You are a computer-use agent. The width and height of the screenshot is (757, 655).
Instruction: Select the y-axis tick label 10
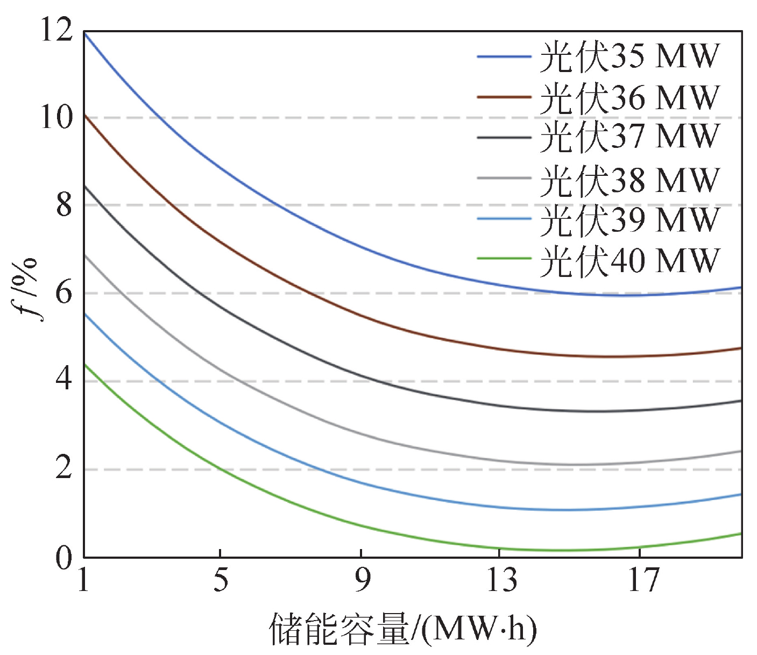click(x=56, y=117)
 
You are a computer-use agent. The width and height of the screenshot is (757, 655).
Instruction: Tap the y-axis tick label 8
click(x=64, y=205)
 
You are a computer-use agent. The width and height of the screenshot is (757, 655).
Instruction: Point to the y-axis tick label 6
click(x=64, y=293)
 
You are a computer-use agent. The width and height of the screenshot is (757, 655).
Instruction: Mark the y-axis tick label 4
click(x=64, y=381)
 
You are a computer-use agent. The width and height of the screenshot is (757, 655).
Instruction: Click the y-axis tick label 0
click(x=64, y=558)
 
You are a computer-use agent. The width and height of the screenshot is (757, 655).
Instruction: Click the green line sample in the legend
click(x=504, y=259)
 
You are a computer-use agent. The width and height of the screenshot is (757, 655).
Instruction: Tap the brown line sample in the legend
click(x=504, y=97)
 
